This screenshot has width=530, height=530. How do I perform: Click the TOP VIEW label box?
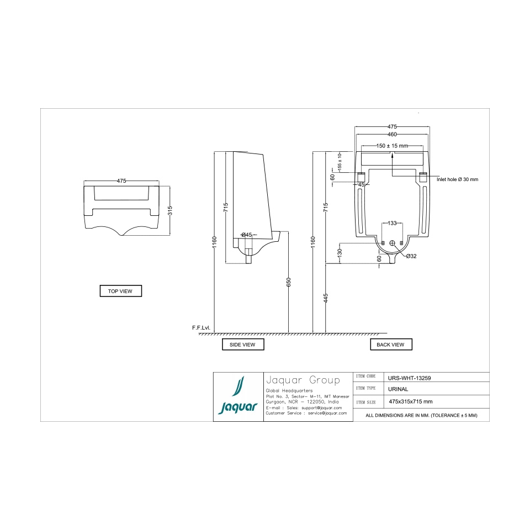click(x=120, y=291)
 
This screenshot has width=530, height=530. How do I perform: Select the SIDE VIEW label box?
click(x=243, y=344)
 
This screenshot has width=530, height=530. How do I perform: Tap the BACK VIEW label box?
click(x=391, y=344)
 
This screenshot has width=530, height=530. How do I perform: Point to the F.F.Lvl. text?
click(x=202, y=328)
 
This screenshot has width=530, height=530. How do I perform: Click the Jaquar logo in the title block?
click(x=238, y=397)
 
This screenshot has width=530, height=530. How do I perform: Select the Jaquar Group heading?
click(x=303, y=380)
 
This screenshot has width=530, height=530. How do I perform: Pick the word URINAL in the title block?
click(x=399, y=389)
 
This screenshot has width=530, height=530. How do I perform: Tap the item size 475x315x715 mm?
click(x=411, y=401)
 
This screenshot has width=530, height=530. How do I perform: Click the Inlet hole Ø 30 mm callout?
click(x=458, y=179)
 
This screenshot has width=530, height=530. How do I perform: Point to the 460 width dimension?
click(x=392, y=134)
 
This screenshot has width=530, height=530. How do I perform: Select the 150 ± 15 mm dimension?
click(x=392, y=146)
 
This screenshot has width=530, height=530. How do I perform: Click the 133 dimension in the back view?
click(x=392, y=223)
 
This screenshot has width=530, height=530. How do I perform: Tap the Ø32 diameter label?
click(x=411, y=256)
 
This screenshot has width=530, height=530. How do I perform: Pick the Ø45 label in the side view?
click(x=246, y=235)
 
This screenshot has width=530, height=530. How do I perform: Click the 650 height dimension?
click(x=289, y=282)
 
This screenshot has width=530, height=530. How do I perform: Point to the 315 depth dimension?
click(x=171, y=211)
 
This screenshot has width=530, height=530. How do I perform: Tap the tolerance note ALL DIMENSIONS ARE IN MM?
click(x=421, y=415)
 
